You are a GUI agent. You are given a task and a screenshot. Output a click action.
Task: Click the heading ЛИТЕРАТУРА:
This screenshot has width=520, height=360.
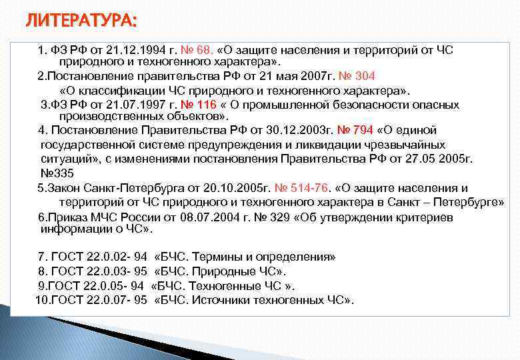click(81, 22)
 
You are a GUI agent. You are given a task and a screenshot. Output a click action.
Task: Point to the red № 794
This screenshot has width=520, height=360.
click(355, 130)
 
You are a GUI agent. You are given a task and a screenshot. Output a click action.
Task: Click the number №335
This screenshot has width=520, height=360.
click(58, 172)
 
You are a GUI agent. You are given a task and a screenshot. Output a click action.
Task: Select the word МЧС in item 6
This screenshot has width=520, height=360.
click(99, 217)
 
